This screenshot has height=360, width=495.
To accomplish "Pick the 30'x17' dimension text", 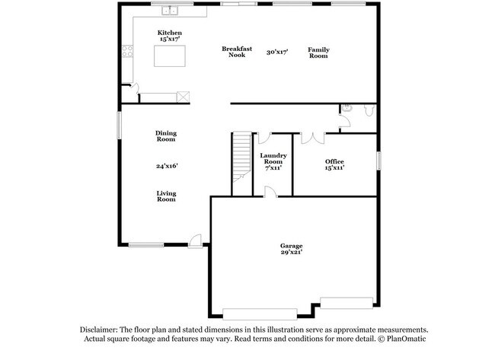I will pos(276,53).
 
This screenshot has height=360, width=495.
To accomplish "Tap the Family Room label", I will pos(318,52).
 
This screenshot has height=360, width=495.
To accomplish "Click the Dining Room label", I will pos(166,135).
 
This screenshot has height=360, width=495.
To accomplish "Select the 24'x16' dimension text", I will pos(166,165).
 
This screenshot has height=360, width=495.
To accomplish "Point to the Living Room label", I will pos(166,196).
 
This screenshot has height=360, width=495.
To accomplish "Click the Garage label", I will pos(291,246).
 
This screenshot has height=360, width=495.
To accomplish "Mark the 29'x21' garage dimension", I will pos(291,253).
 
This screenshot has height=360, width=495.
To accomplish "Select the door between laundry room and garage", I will pos(269,192).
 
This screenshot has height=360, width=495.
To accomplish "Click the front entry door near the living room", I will pos(196,241).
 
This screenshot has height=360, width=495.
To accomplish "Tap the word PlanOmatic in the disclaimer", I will pos(405,339).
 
